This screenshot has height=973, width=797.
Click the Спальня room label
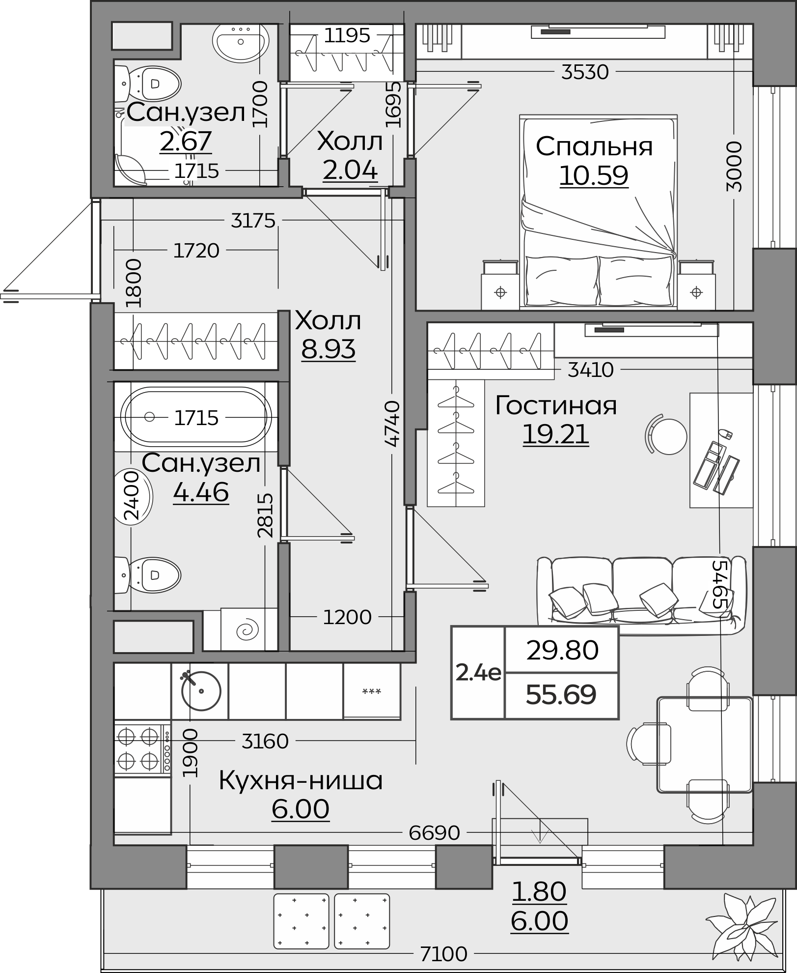coord(594,146)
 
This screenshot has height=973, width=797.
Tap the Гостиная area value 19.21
coord(555,434)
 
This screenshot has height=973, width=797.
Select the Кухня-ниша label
coord(301,780)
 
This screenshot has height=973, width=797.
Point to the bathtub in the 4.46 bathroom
coord(196,417)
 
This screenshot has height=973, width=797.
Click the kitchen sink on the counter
coord(201,690)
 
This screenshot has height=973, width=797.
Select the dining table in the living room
coord(705,744)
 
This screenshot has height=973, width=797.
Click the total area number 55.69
coord(561,694)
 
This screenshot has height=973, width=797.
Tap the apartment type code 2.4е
coord(478,673)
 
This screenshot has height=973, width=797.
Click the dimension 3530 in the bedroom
coord(585,72)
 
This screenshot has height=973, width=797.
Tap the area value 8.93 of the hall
coord(329,349)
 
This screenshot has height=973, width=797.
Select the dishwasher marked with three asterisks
coord(372,691)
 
